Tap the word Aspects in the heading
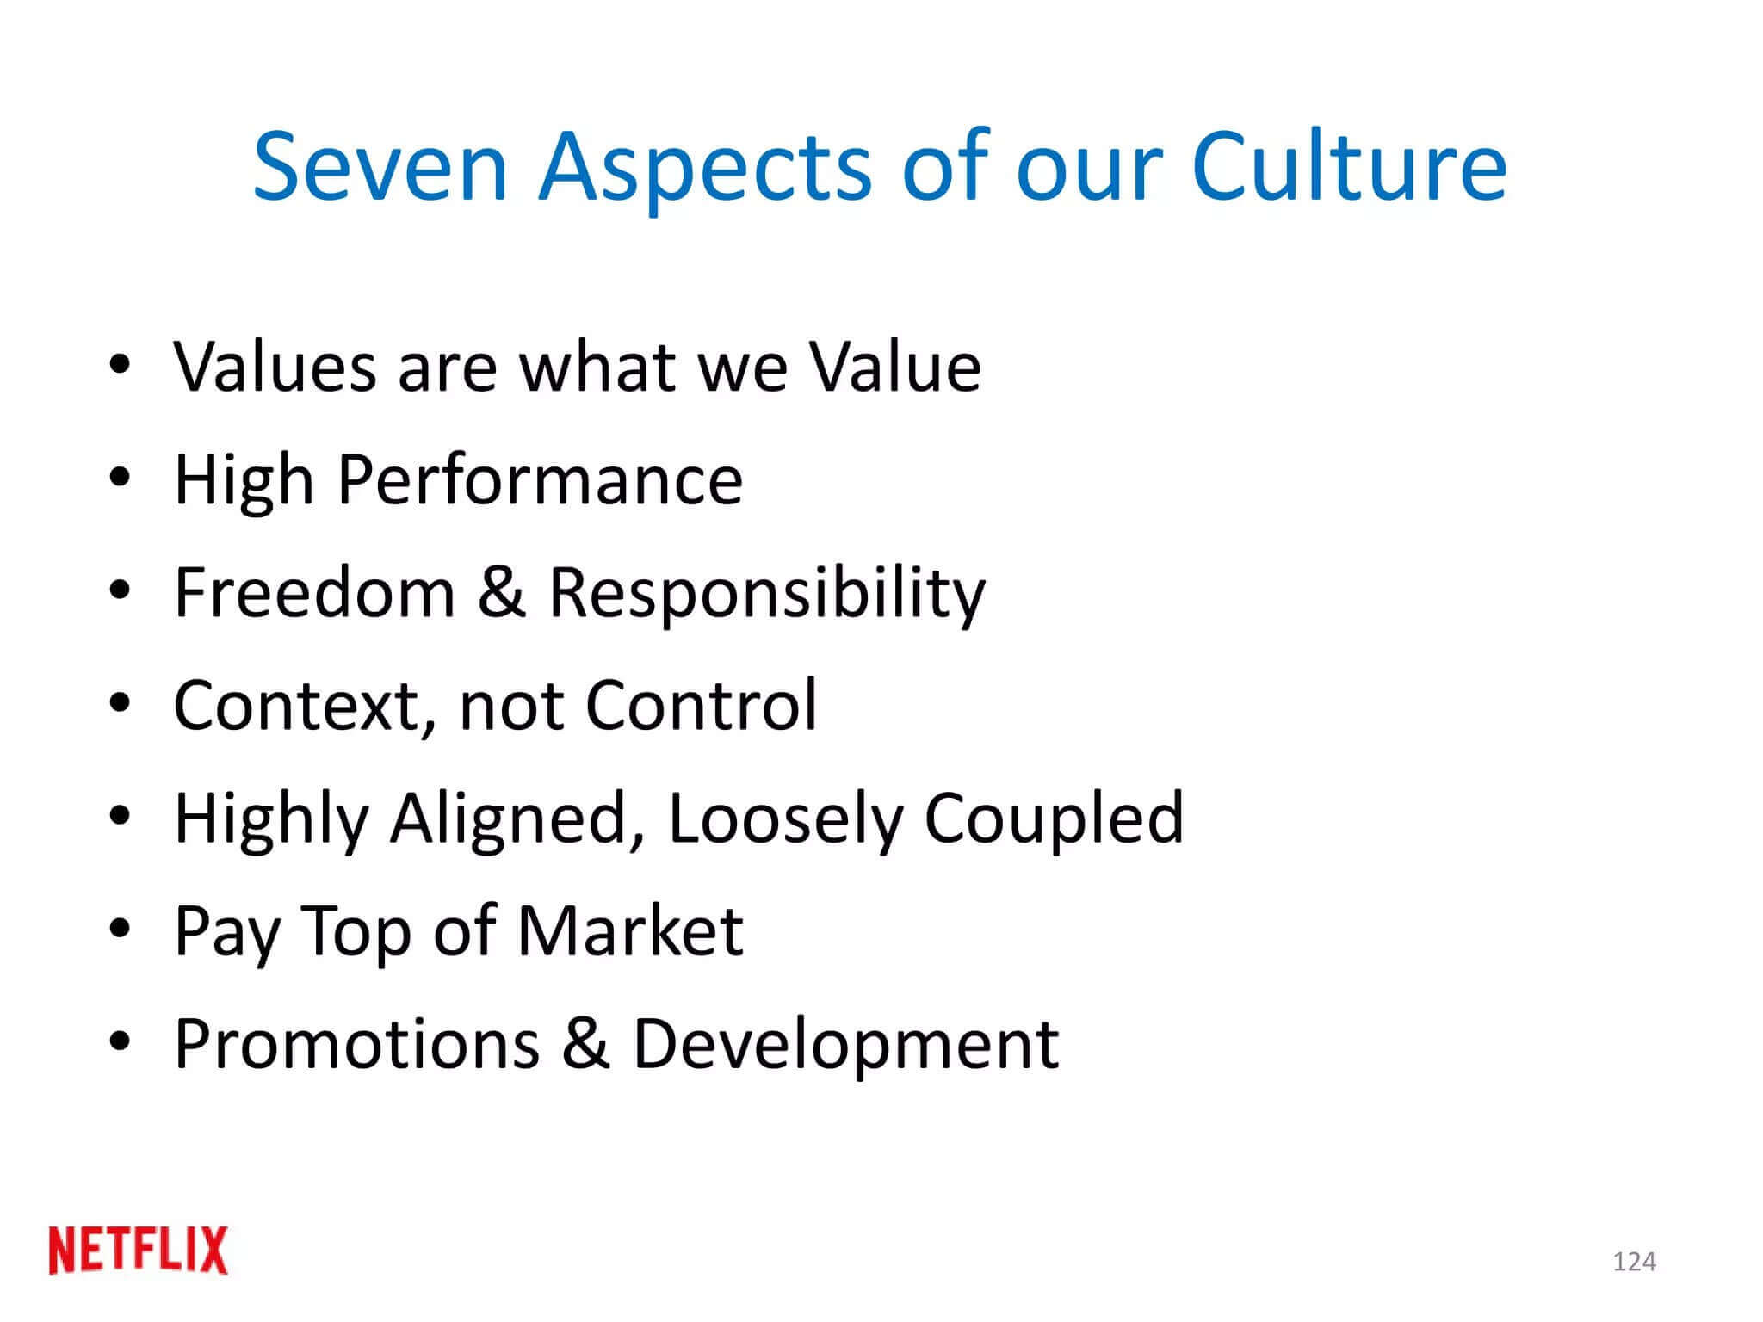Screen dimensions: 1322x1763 point(705,168)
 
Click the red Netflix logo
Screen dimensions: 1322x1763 point(139,1251)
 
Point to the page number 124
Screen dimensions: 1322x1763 point(1634,1262)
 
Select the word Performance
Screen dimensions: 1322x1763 point(540,480)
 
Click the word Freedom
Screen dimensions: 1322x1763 point(314,593)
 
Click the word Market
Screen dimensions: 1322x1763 point(630,931)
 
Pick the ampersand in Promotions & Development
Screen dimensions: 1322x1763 point(586,1044)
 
